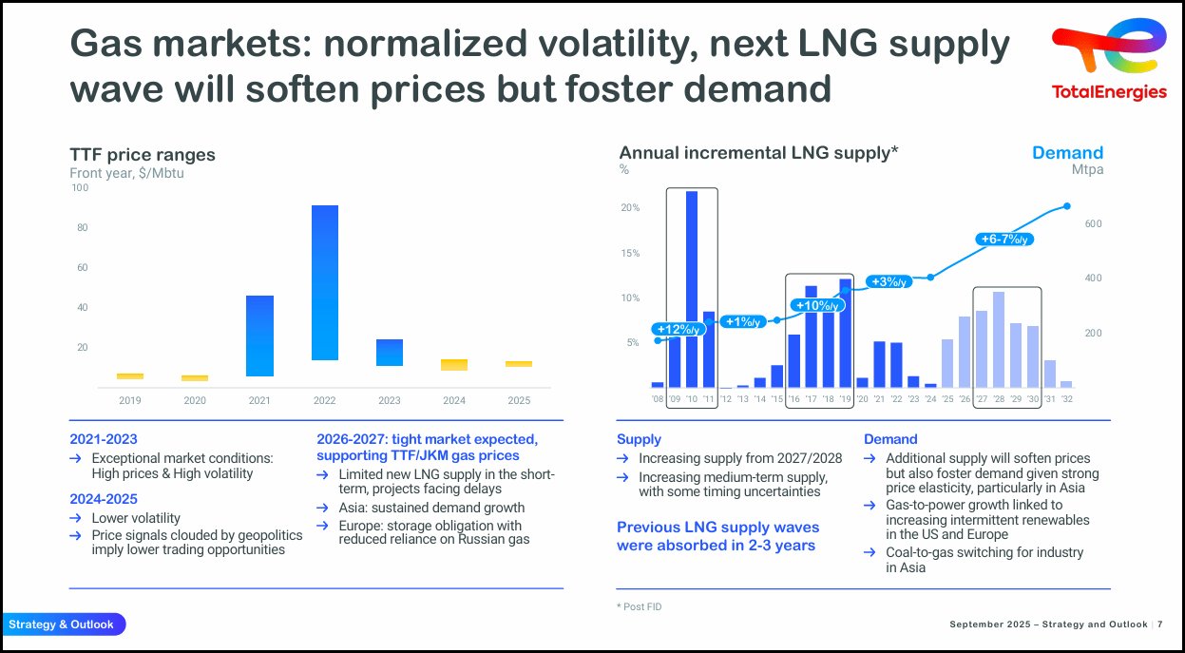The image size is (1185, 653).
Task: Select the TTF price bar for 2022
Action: point(325,282)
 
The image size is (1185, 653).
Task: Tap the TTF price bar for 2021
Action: point(259,336)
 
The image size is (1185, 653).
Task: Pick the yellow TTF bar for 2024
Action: point(454,365)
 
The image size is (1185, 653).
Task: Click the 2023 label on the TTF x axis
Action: point(389,401)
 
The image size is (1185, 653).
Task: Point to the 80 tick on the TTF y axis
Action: point(81,228)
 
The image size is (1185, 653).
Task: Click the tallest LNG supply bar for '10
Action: point(692,289)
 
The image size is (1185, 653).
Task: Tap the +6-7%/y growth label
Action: point(1004,240)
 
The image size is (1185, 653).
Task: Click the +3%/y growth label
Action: point(889,281)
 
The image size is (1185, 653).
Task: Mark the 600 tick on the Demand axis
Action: point(1093,223)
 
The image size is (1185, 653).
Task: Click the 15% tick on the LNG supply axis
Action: point(629,253)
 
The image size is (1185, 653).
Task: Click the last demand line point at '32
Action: point(1066,206)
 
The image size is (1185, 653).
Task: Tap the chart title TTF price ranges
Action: point(143,155)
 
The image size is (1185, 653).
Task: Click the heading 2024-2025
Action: point(104,499)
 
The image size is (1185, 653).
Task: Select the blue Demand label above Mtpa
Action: point(1067,153)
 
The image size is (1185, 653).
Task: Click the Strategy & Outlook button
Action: point(63,624)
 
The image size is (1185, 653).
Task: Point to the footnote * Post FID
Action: point(639,606)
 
